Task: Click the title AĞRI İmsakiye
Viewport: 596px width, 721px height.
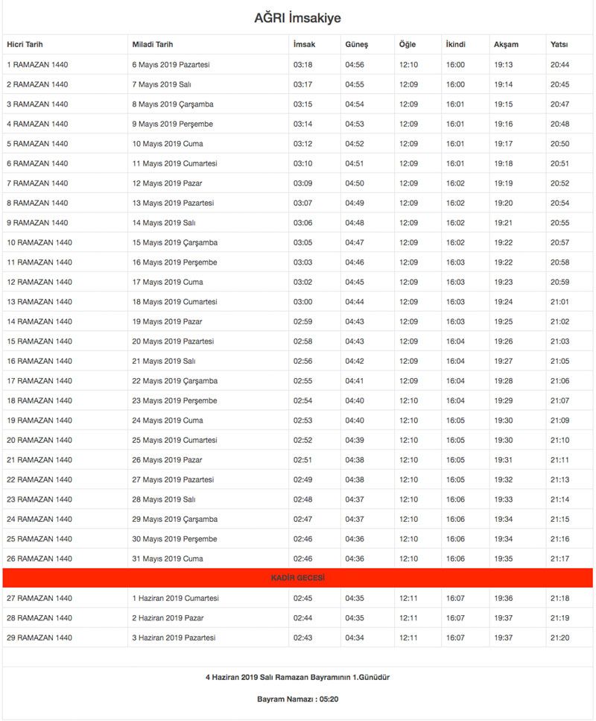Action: pyautogui.click(x=297, y=18)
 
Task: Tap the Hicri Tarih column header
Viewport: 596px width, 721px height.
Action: pyautogui.click(x=25, y=45)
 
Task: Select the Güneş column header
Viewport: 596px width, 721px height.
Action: pyautogui.click(x=356, y=45)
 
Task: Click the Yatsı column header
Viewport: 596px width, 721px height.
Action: pyautogui.click(x=559, y=45)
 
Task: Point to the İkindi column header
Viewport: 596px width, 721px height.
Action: pyautogui.click(x=455, y=45)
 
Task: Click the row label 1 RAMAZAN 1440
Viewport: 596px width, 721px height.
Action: pyautogui.click(x=37, y=65)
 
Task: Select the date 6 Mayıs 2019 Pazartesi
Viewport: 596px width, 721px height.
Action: pyautogui.click(x=171, y=65)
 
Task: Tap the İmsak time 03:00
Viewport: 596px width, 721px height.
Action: pyautogui.click(x=302, y=302)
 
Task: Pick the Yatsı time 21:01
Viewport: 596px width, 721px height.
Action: pyautogui.click(x=559, y=302)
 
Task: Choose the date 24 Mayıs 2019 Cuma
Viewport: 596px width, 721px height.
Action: pyautogui.click(x=168, y=421)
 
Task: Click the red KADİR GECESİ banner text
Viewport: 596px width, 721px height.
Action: pyautogui.click(x=297, y=578)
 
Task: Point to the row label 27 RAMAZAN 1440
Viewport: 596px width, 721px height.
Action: pyautogui.click(x=39, y=598)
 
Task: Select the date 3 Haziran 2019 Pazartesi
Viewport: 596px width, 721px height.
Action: pyautogui.click(x=174, y=637)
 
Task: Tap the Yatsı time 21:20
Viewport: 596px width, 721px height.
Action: pyautogui.click(x=559, y=637)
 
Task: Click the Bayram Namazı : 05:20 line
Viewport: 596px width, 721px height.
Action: pyautogui.click(x=297, y=699)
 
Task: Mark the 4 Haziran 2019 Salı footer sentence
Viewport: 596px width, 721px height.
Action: pyautogui.click(x=297, y=677)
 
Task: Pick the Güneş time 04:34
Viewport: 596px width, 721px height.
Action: pyautogui.click(x=355, y=637)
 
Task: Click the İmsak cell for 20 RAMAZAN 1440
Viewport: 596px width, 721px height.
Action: pyautogui.click(x=302, y=440)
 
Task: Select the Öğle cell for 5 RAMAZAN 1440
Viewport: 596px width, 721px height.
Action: pyautogui.click(x=408, y=144)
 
